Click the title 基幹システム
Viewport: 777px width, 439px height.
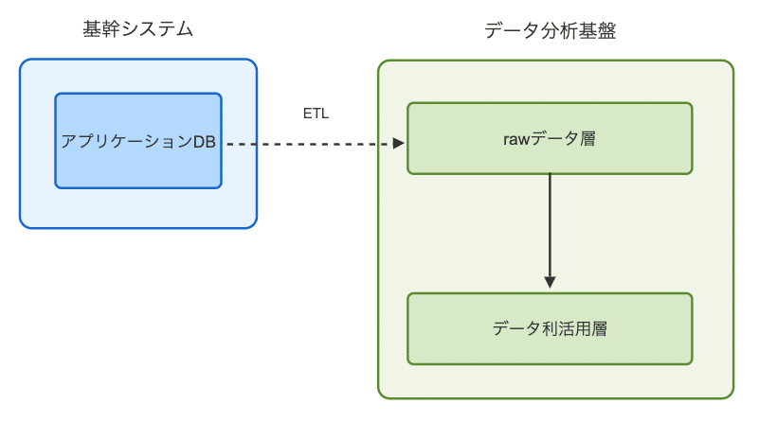[138, 29]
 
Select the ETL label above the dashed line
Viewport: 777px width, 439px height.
[316, 114]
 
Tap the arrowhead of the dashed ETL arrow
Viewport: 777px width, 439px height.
[399, 144]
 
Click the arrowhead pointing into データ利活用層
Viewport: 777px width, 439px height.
[550, 282]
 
